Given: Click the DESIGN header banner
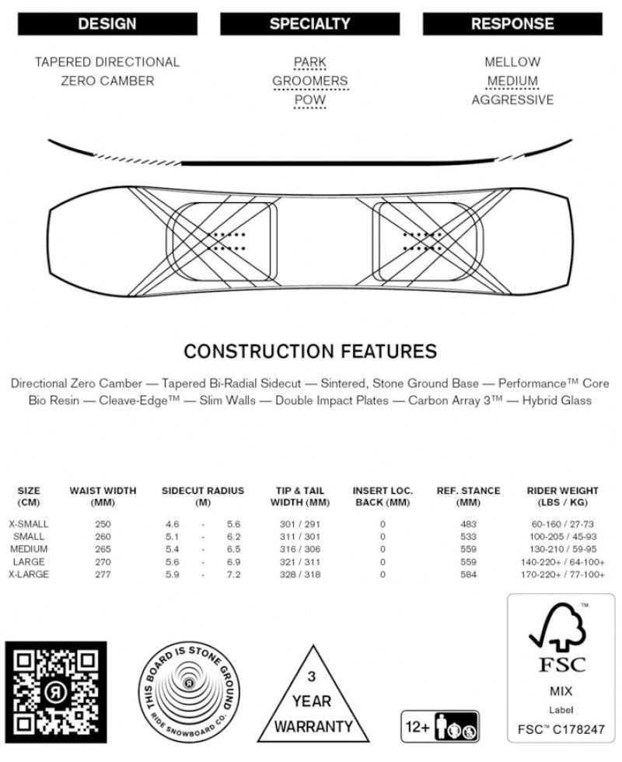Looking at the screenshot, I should tap(107, 24).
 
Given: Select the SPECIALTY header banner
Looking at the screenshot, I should tap(309, 24).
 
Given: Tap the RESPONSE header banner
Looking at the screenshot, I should tap(512, 24).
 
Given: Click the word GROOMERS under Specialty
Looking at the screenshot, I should tap(309, 81).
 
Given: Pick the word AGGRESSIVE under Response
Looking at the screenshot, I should tap(512, 100).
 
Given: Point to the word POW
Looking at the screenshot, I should tap(309, 100).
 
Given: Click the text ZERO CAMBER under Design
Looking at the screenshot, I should tap(107, 81).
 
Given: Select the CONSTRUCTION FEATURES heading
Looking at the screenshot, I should tap(309, 351).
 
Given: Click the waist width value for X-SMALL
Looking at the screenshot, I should tap(103, 524).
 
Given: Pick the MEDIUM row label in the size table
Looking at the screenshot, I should tap(29, 549).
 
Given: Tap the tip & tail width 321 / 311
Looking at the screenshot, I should tap(299, 561).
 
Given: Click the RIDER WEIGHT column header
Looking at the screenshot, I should tap(562, 496).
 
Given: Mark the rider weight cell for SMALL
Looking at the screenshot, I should tap(562, 537).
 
